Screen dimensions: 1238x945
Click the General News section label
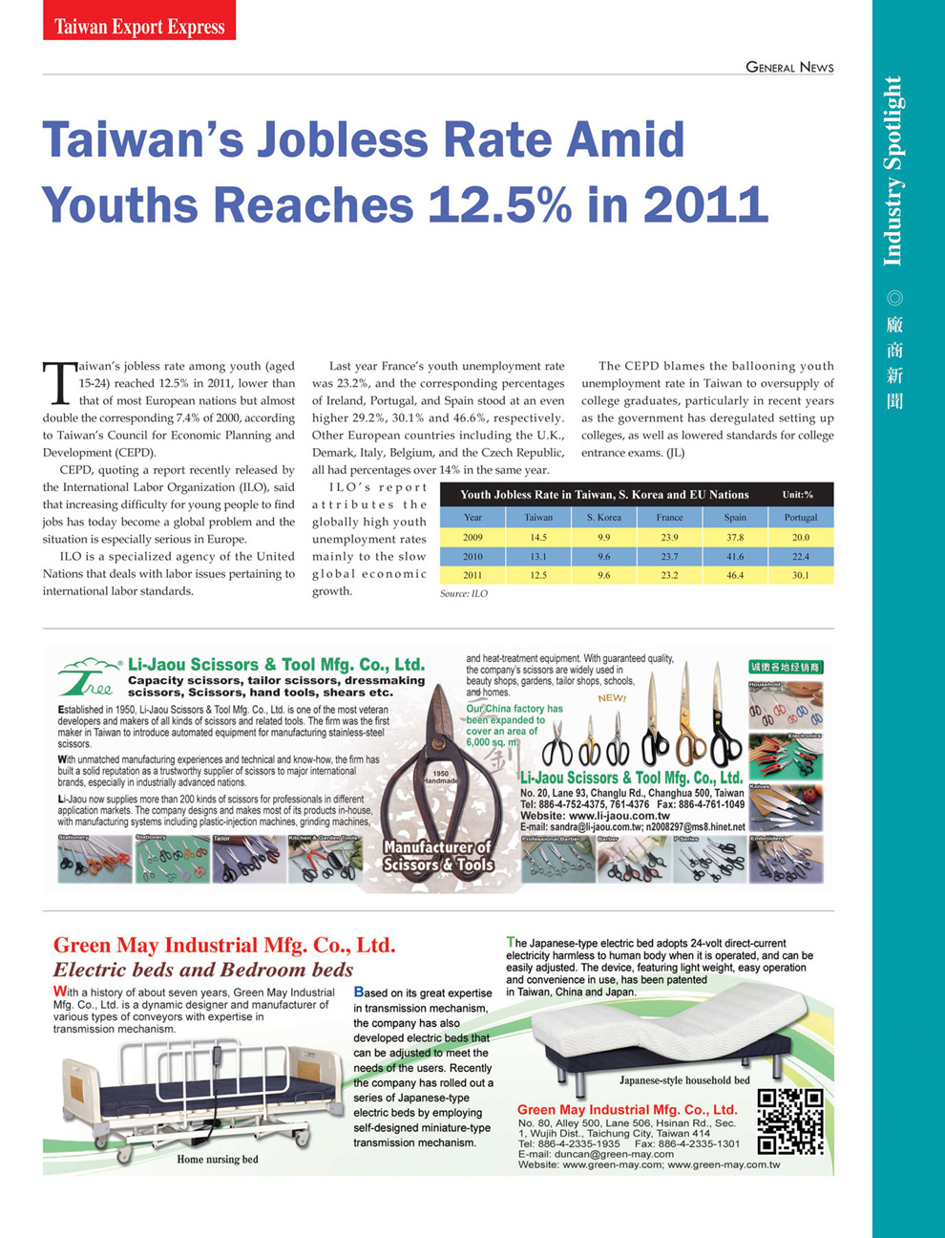click(x=789, y=67)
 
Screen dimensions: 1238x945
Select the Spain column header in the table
click(x=734, y=517)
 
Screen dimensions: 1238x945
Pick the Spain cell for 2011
click(x=734, y=575)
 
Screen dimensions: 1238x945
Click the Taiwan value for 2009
click(x=538, y=537)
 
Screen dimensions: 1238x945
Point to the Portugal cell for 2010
click(x=800, y=556)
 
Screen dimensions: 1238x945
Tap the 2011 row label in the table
click(x=472, y=575)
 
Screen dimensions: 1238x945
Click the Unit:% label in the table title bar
click(x=798, y=495)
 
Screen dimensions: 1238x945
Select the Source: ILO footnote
click(x=464, y=594)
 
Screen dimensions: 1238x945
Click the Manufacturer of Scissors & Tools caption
click(x=438, y=855)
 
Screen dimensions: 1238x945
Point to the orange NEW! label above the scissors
click(x=612, y=698)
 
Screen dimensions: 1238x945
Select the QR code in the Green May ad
click(x=789, y=1121)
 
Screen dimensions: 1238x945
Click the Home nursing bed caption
click(x=218, y=1160)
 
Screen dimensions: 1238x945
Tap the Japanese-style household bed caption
click(x=684, y=1080)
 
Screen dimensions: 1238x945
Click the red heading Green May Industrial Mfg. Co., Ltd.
click(x=224, y=945)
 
